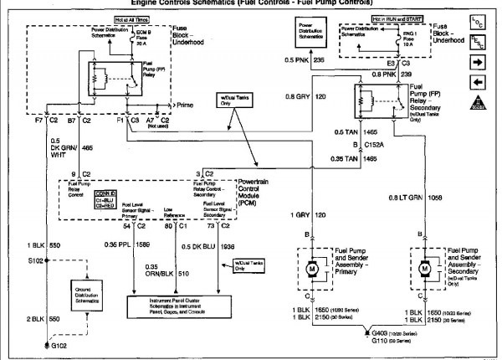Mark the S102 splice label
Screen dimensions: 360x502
(37, 261)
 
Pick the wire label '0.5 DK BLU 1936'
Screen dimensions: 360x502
(208, 244)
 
